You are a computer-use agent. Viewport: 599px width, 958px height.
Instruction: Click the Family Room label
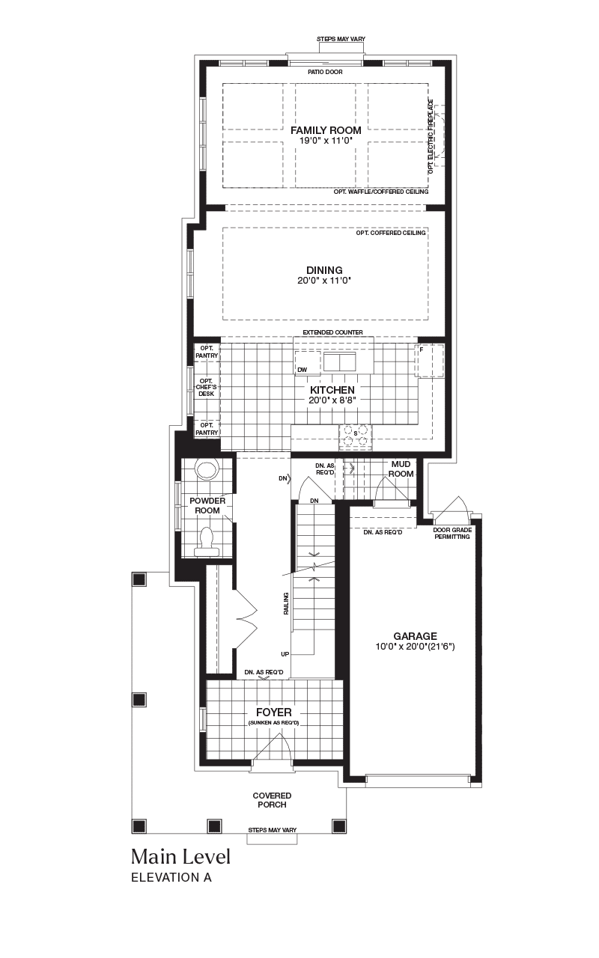326,130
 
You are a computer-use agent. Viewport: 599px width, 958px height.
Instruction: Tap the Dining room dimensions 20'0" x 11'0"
324,281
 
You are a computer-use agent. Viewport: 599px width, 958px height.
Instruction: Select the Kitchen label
332,390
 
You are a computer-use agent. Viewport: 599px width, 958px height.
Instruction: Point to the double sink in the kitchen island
340,361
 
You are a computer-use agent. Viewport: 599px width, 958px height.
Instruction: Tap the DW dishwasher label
302,370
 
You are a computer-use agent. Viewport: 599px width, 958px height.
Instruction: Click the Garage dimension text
415,646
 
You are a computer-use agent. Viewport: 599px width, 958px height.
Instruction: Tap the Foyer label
274,712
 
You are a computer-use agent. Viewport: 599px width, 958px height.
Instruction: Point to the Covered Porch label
272,800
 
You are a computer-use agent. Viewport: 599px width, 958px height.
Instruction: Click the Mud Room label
401,469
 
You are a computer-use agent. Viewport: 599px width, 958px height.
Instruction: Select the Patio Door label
325,72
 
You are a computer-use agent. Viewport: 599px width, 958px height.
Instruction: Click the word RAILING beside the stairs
286,603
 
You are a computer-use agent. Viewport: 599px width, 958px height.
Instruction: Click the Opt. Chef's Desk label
207,387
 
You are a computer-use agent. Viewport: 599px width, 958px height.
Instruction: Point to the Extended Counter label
333,332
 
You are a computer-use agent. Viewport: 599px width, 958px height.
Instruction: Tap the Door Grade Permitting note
452,534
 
